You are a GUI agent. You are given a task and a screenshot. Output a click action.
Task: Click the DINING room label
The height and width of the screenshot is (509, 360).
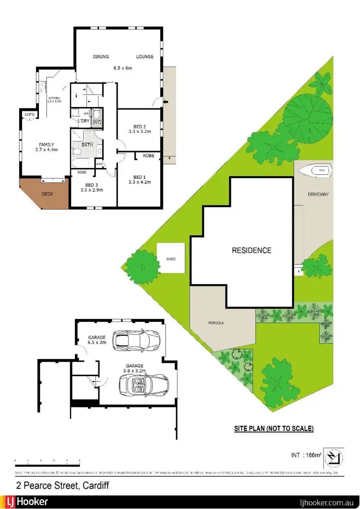(102, 57)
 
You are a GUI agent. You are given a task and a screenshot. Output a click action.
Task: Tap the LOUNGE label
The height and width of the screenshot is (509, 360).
(144, 57)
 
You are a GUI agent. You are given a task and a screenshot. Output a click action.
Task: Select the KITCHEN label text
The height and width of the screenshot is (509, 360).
(53, 98)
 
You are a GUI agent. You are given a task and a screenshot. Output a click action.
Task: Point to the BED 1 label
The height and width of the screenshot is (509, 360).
(140, 176)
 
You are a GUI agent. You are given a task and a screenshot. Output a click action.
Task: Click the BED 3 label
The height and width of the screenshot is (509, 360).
(92, 184)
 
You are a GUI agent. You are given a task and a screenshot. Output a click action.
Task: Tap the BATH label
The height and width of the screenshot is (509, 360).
(87, 144)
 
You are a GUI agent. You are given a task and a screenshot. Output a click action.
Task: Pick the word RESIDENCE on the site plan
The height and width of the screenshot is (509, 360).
(252, 250)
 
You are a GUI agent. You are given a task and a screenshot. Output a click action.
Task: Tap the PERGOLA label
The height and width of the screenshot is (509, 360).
(216, 323)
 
